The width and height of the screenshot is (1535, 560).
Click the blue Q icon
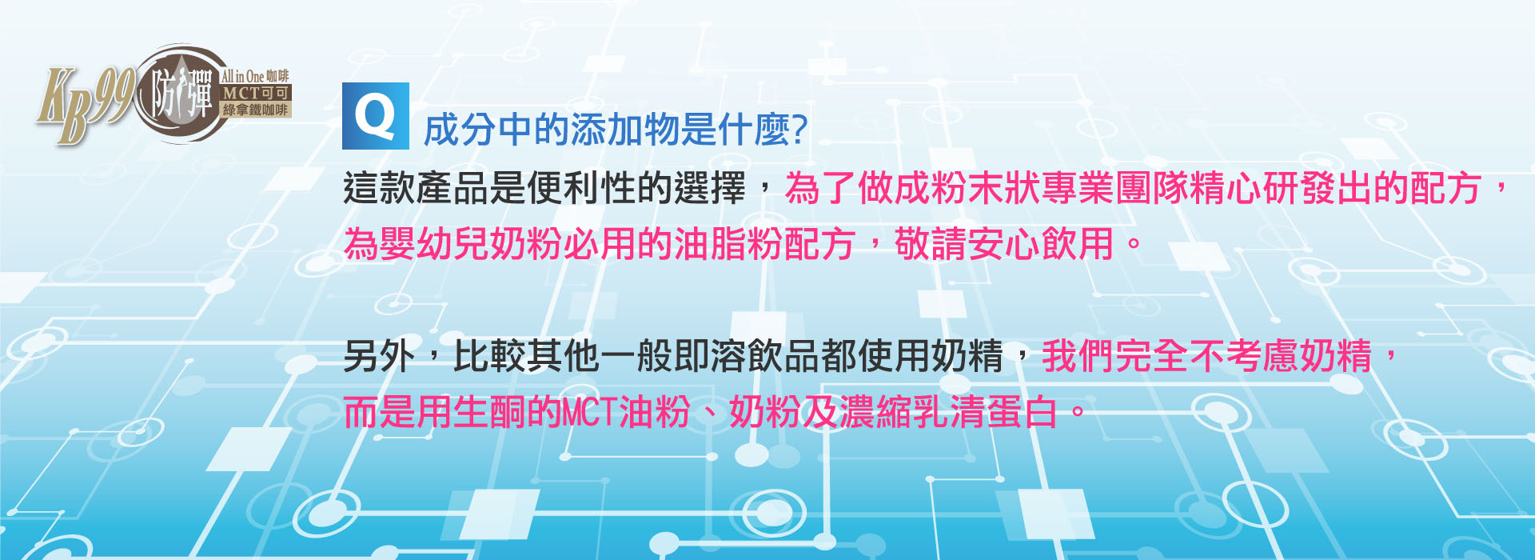point(376,116)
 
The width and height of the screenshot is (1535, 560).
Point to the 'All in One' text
point(243,76)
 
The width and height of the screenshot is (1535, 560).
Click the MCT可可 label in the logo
point(256,93)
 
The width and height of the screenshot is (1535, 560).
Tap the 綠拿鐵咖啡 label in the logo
point(255,110)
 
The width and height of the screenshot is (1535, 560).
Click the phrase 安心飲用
point(1041,244)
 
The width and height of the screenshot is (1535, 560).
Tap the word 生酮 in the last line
point(489,413)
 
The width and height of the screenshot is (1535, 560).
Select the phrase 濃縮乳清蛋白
point(948,413)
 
